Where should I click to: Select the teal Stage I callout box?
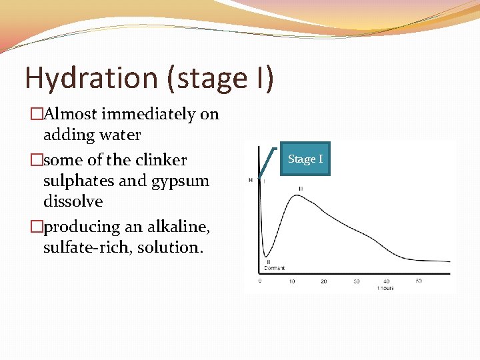(305, 159)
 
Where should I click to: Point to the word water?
(119, 135)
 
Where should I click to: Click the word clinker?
(160, 160)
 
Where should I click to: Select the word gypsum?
(180, 181)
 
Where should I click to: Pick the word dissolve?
(73, 201)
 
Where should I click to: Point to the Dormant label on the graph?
(274, 268)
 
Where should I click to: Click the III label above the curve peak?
(301, 189)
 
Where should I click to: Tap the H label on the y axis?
(251, 180)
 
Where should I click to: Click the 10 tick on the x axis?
(291, 281)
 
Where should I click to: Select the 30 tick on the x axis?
(356, 281)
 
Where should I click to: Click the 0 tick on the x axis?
(259, 281)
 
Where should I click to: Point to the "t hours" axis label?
(385, 288)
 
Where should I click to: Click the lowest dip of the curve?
(266, 257)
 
